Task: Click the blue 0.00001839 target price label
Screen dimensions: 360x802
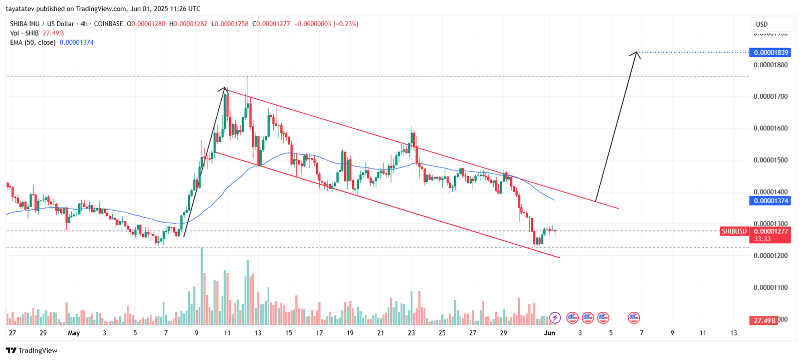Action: coord(769,52)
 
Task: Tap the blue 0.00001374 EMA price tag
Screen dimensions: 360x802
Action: coord(769,201)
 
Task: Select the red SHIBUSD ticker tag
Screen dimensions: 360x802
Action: coord(734,231)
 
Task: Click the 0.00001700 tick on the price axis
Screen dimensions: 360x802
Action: coord(770,96)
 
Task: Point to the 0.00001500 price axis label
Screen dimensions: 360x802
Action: coord(770,160)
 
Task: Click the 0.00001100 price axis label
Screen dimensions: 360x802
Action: coord(770,287)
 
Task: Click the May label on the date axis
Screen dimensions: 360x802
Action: coord(74,333)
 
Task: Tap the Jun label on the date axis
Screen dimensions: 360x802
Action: coord(549,333)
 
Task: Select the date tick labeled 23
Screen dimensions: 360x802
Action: coord(411,333)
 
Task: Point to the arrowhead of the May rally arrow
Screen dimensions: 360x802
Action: coord(224,90)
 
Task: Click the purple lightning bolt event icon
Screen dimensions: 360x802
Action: coord(555,317)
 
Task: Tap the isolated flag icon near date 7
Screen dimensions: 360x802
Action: coord(634,317)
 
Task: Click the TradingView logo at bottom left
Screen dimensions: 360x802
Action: coord(32,350)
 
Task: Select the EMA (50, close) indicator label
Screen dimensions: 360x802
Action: coord(33,42)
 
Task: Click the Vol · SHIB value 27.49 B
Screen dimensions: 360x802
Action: coord(53,33)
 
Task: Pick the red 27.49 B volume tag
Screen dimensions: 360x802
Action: coord(763,320)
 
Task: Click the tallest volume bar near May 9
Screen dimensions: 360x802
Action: coord(202,286)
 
